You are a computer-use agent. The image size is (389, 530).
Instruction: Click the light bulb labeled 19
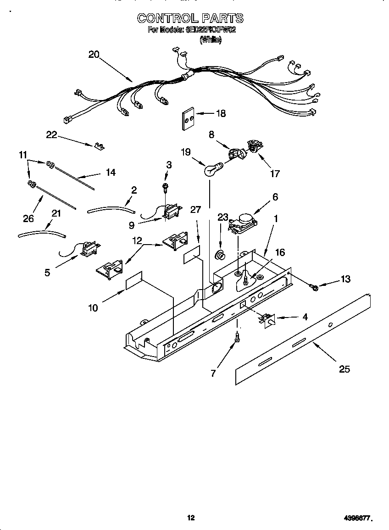[x=211, y=170]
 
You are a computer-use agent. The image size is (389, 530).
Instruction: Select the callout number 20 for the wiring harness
[x=94, y=55]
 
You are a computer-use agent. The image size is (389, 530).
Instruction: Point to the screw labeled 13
[x=314, y=287]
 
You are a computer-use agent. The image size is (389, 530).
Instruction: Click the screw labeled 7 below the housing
[x=237, y=338]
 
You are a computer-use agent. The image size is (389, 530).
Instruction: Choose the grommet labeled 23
[x=221, y=255]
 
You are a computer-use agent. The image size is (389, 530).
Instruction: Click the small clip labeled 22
[x=98, y=145]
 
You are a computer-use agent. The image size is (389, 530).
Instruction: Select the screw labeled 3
[x=166, y=186]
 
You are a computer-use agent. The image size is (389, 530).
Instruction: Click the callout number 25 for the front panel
[x=344, y=369]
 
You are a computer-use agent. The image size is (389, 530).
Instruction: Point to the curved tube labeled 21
[x=41, y=233]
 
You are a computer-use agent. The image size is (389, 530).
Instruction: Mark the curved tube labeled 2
[x=111, y=210]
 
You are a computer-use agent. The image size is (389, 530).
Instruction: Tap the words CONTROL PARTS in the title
[x=190, y=18]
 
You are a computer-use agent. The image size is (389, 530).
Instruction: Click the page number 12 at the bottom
[x=191, y=518]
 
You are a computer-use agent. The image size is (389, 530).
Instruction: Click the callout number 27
[x=196, y=210]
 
